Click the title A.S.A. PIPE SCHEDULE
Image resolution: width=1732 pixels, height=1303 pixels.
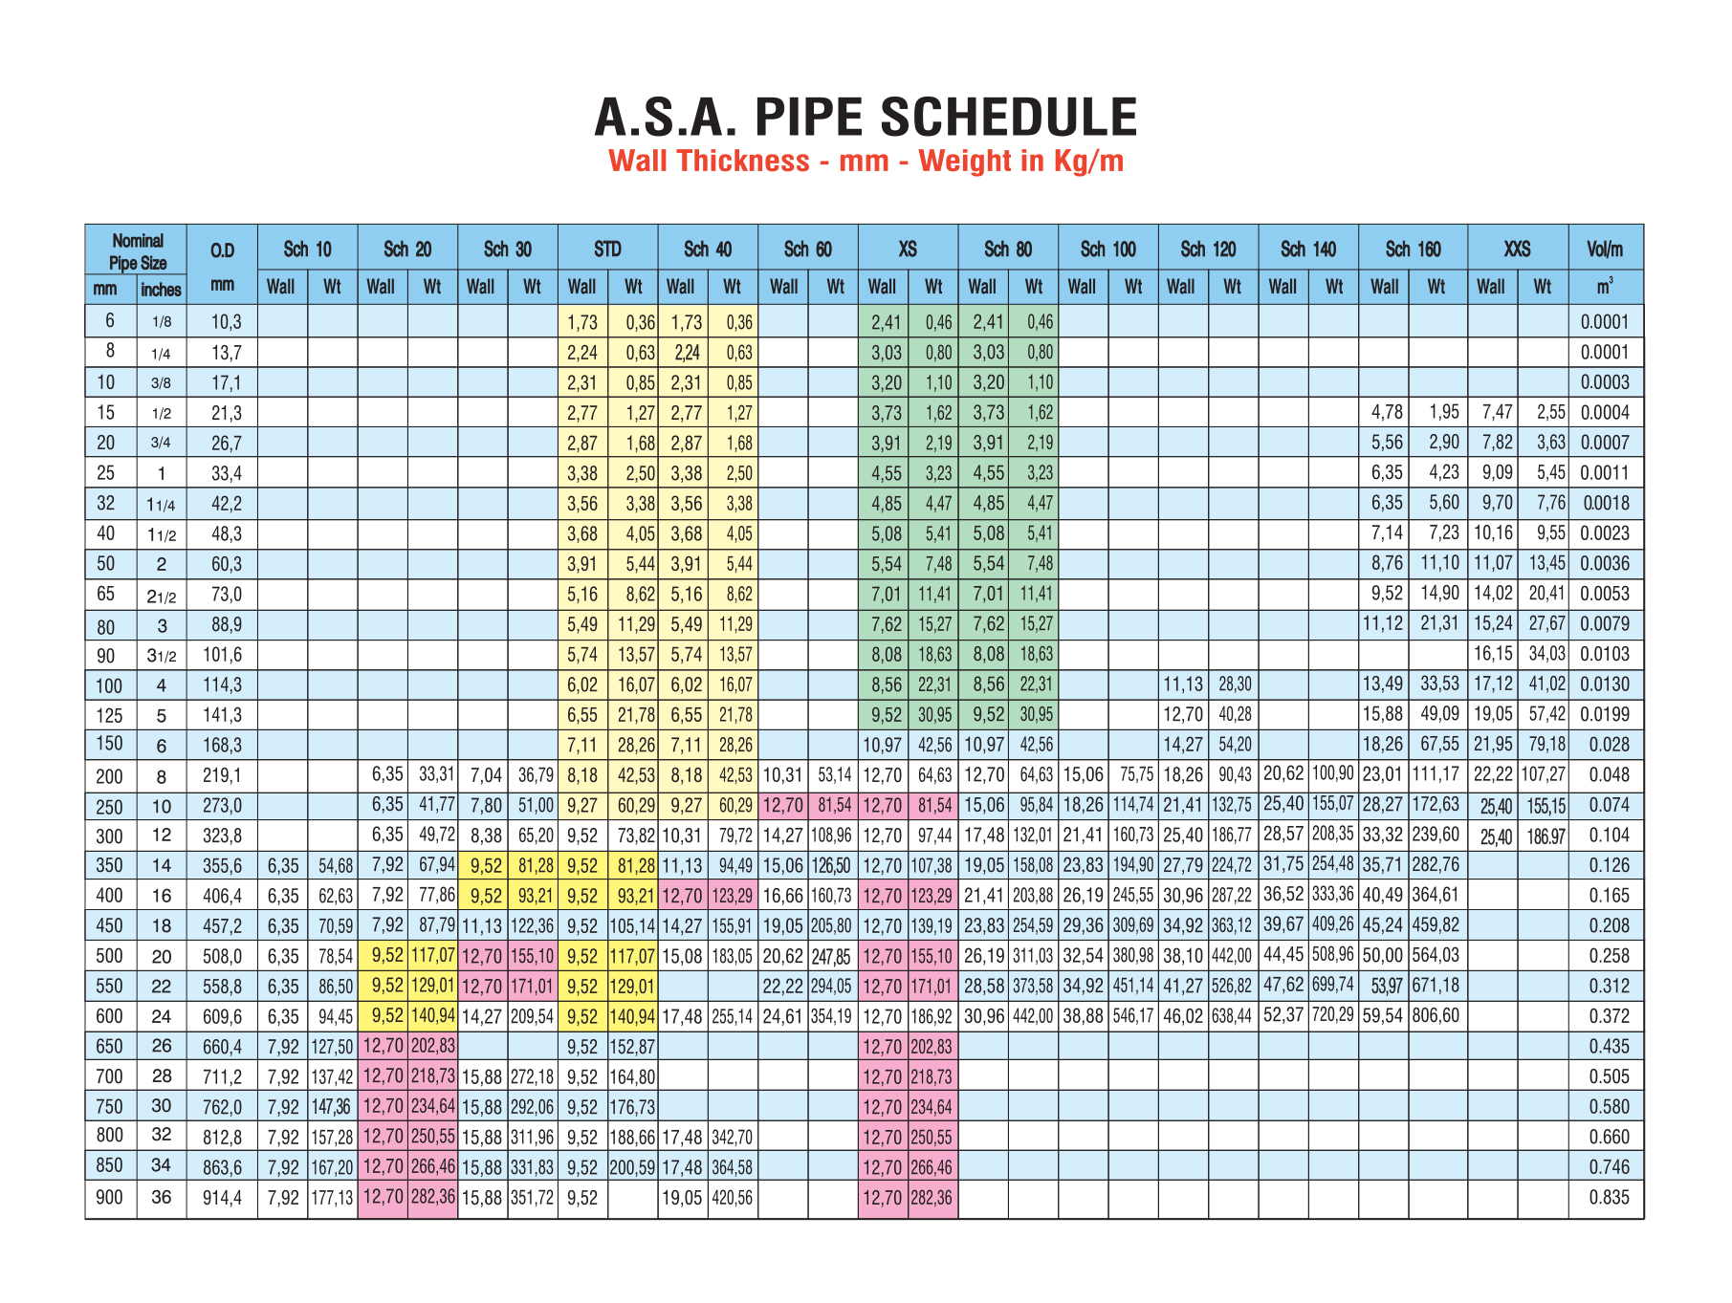pyautogui.click(x=866, y=118)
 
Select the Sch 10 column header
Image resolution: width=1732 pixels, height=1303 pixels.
pyautogui.click(x=307, y=250)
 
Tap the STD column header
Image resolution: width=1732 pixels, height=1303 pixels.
pyautogui.click(x=607, y=250)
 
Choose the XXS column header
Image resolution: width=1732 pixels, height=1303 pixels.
pyautogui.click(x=1517, y=250)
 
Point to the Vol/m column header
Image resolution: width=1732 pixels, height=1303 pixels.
pyautogui.click(x=1605, y=250)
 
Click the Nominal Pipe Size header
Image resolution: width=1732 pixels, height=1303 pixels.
pyautogui.click(x=137, y=251)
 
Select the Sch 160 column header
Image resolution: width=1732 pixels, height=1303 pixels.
pyautogui.click(x=1413, y=250)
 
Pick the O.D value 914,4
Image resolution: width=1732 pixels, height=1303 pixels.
pyautogui.click(x=222, y=1198)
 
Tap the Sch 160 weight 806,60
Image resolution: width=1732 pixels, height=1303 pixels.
pyautogui.click(x=1436, y=1015)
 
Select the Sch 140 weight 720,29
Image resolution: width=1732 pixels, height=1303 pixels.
pyautogui.click(x=1332, y=1015)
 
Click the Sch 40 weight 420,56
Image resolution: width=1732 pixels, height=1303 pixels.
pyautogui.click(x=732, y=1198)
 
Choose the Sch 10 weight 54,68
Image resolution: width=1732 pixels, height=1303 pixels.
pyautogui.click(x=336, y=866)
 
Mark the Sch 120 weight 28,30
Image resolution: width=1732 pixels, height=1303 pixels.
pyautogui.click(x=1234, y=684)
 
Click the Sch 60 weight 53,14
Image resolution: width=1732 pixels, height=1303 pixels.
pyautogui.click(x=834, y=775)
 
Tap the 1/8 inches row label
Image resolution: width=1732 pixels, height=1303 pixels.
pyautogui.click(x=161, y=322)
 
